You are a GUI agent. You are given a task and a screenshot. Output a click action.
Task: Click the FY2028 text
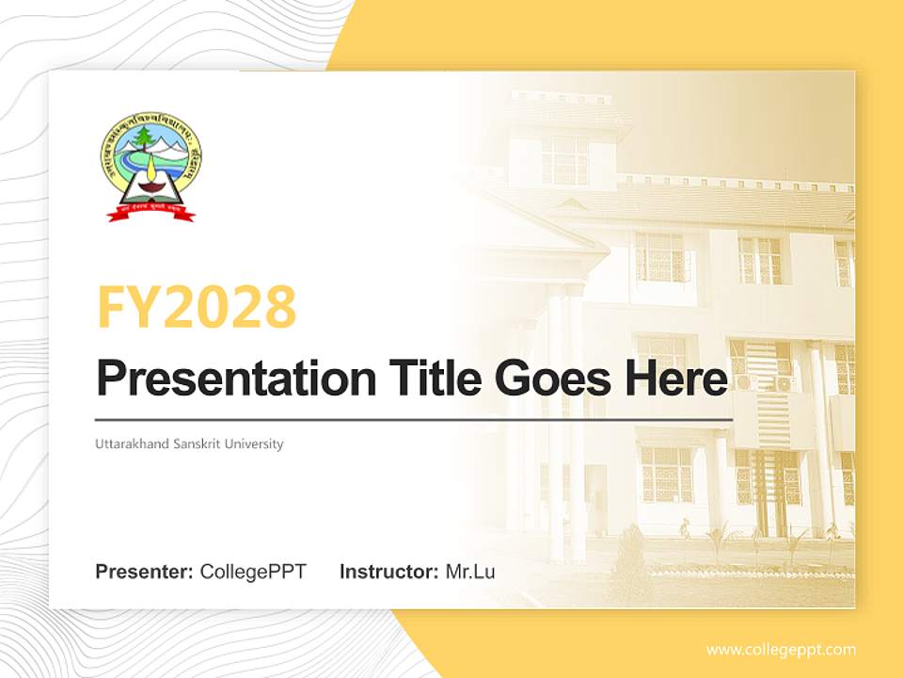click(197, 307)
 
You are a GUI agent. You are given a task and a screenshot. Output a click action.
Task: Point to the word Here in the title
click(674, 379)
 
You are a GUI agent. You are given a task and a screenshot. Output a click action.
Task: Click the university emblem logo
click(150, 169)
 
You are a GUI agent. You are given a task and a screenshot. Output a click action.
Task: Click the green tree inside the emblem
click(143, 138)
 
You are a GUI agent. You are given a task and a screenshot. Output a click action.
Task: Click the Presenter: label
click(144, 572)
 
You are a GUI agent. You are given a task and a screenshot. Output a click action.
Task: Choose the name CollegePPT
click(253, 572)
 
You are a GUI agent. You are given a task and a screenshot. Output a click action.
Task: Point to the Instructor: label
click(388, 572)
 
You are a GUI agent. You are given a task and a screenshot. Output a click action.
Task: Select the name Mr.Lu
click(470, 572)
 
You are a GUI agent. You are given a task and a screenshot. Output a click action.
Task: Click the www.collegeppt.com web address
click(781, 649)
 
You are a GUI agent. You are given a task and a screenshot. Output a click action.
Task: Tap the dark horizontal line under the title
click(414, 420)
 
